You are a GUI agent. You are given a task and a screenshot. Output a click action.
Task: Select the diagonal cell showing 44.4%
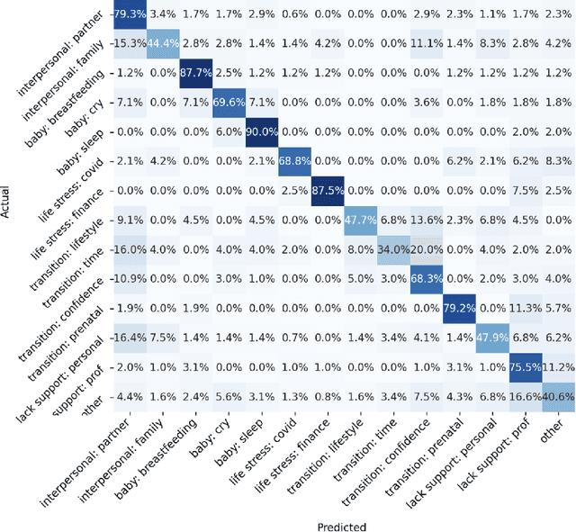pyautogui.click(x=164, y=44)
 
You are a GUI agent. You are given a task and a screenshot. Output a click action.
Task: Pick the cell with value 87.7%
pyautogui.click(x=196, y=73)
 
